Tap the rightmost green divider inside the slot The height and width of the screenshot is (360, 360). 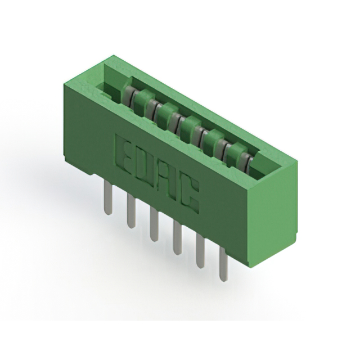tap(236, 148)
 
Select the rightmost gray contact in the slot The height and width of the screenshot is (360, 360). tap(247, 161)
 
